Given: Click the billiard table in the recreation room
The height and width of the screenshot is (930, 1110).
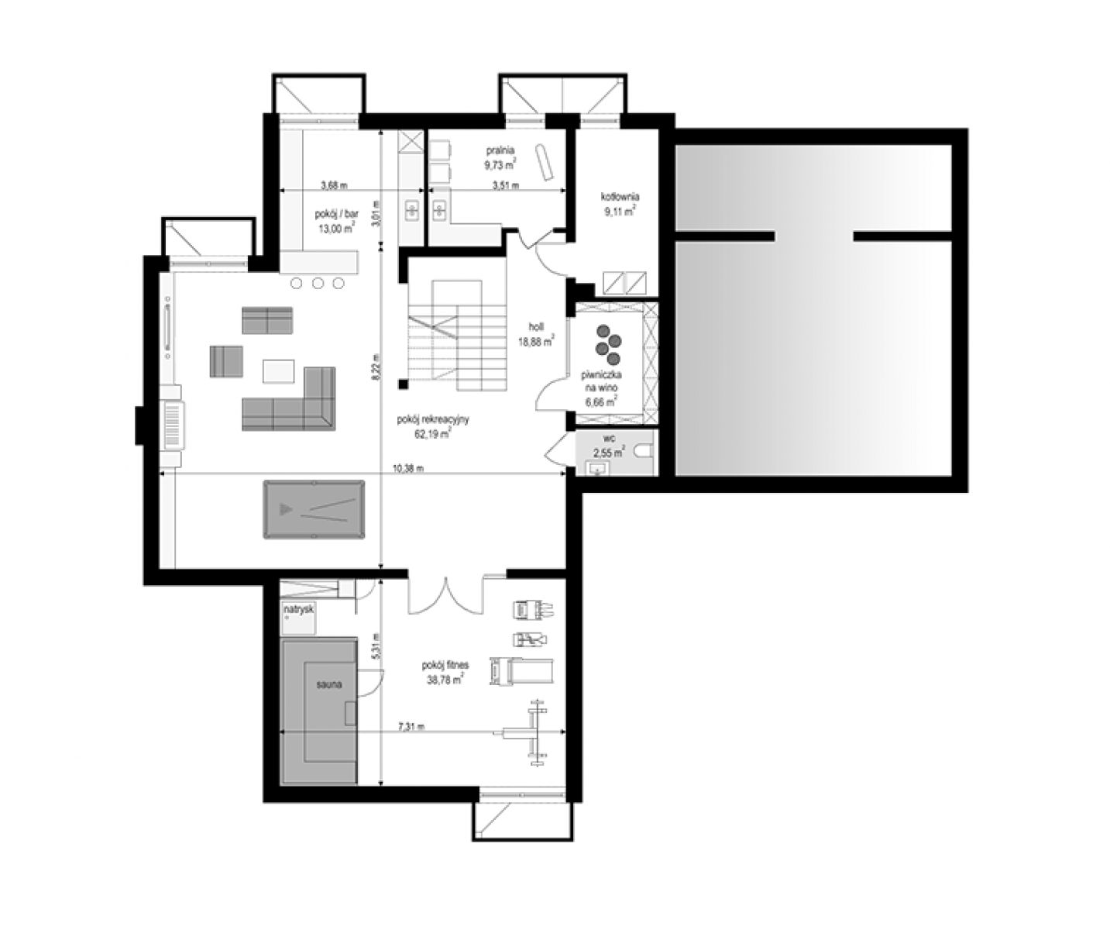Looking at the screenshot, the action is (314, 509).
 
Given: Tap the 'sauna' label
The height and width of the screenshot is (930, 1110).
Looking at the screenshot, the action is (329, 684).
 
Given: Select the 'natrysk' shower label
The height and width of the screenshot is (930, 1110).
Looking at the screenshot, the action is (299, 610).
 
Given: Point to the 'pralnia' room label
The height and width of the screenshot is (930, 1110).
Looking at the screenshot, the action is (500, 150).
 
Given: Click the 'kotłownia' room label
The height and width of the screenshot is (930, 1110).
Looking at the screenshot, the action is (620, 197).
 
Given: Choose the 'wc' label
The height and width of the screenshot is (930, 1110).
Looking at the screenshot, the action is (610, 439).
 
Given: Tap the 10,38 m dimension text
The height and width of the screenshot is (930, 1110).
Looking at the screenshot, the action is (408, 469).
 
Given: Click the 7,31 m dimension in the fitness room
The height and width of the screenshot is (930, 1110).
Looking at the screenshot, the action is (411, 727).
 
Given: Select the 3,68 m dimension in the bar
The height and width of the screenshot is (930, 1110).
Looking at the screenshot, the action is (334, 186).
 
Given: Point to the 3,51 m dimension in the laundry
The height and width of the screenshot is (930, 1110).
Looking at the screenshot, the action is (506, 186).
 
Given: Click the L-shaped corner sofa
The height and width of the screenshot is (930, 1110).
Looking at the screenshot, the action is (289, 398).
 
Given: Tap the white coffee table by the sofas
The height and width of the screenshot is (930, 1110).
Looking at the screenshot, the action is (279, 370).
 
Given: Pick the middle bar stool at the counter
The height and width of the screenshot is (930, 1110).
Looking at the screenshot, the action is (318, 283).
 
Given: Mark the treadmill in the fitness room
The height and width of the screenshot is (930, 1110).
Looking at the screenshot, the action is (521, 671).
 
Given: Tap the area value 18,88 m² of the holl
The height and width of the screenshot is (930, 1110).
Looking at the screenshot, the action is (537, 342).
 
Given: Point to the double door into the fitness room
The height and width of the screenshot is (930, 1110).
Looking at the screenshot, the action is (445, 595).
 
